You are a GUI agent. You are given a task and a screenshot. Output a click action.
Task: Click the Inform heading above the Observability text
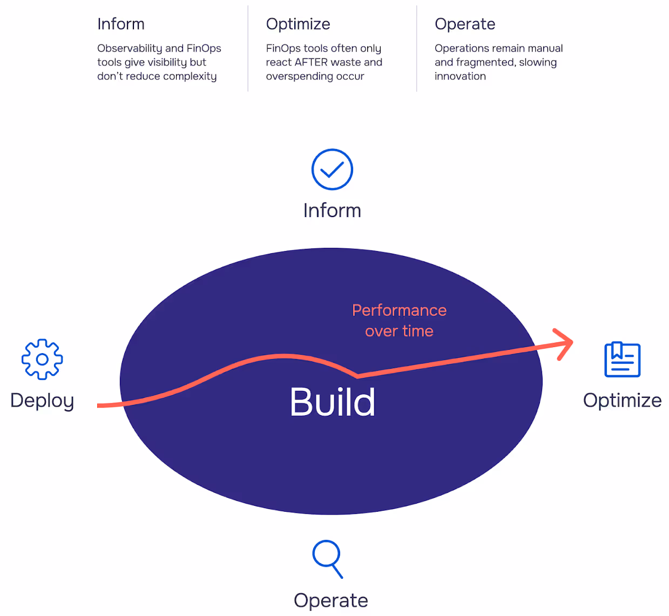click(x=121, y=24)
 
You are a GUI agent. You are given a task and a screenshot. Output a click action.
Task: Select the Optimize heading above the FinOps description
click(x=298, y=24)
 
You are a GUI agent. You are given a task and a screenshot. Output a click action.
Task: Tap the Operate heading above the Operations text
click(x=465, y=24)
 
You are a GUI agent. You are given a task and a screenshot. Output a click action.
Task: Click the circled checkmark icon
click(x=332, y=170)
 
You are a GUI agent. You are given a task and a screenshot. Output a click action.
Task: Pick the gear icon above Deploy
click(x=42, y=360)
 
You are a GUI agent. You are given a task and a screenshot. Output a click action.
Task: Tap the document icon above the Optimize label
click(x=622, y=360)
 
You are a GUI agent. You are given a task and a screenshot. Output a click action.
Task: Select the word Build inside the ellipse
click(x=332, y=402)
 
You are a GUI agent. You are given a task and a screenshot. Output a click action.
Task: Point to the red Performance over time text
click(x=399, y=321)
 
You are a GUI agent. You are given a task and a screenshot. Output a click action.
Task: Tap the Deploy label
click(x=42, y=401)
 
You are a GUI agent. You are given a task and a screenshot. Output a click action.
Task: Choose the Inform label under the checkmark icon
click(x=332, y=211)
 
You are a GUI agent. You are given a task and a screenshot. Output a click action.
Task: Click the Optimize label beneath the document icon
click(x=622, y=401)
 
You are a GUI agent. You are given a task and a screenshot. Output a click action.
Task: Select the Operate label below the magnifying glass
click(x=330, y=600)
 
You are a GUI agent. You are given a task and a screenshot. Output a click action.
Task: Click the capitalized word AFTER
click(x=312, y=62)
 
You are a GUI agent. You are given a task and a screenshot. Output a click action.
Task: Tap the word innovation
click(x=460, y=76)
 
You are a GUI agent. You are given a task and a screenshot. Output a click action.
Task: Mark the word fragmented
click(x=485, y=62)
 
